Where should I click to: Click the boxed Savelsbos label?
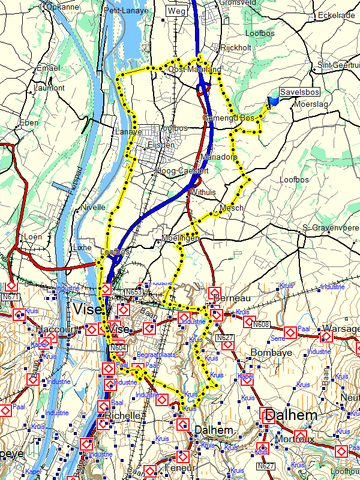[299, 92]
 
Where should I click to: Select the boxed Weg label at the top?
[177, 11]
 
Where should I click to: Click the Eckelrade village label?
[337, 15]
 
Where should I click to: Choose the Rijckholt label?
[236, 47]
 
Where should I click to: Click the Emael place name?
[49, 68]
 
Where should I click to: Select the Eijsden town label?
[160, 145]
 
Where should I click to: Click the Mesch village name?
[232, 208]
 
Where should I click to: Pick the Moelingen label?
[180, 239]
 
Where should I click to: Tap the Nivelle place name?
[93, 207]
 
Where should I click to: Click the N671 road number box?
[11, 296]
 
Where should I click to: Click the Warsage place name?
[340, 329]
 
